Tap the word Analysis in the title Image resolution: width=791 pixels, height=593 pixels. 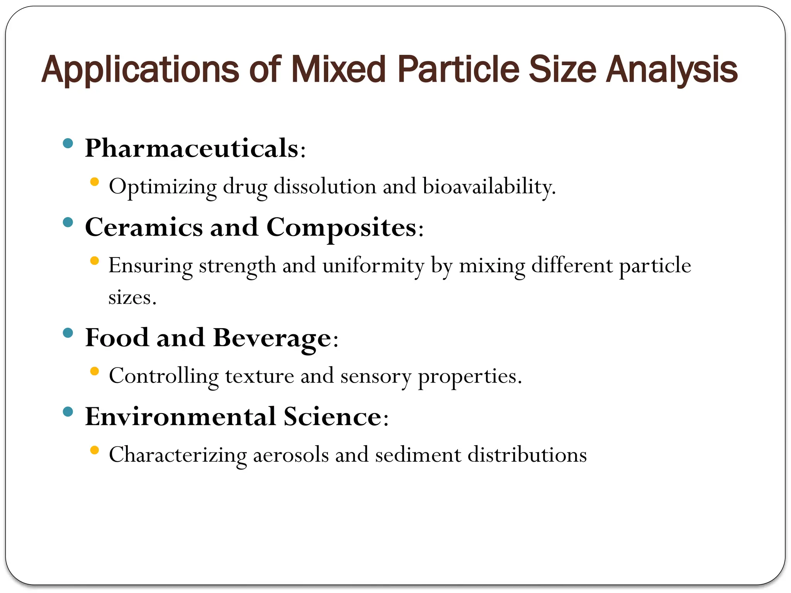(x=672, y=70)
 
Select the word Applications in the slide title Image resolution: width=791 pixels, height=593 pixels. (x=140, y=70)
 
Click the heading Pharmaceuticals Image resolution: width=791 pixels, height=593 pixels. (x=192, y=148)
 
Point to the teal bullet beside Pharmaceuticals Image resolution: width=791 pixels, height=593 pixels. (x=68, y=144)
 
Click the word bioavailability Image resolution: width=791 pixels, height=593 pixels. (x=489, y=187)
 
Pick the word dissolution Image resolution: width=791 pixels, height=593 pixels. (x=325, y=186)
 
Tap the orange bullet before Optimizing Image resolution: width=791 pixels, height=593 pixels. (x=94, y=181)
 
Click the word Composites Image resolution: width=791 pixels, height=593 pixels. (x=342, y=228)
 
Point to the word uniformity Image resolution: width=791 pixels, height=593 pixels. (x=373, y=266)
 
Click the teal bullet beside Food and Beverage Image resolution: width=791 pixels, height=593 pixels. (x=68, y=333)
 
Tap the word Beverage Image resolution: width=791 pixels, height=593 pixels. (x=272, y=338)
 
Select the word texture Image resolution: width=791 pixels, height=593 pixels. (x=260, y=376)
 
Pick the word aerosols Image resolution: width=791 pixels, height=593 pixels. (x=291, y=455)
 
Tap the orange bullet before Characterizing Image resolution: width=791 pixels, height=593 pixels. (x=94, y=450)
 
